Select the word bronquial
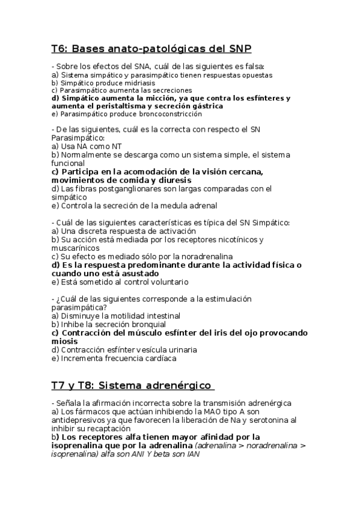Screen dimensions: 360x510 click(x=145, y=324)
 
